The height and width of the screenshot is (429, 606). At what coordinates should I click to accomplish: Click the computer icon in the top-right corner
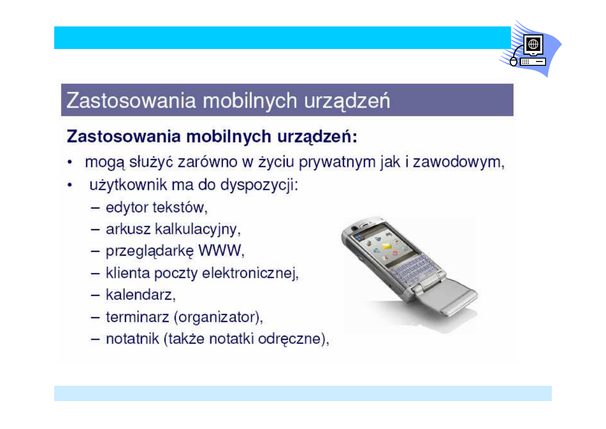coord(530,49)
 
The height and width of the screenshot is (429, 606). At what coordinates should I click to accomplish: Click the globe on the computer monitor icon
coord(533,44)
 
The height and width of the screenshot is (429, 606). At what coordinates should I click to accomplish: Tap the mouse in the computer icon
coord(513,62)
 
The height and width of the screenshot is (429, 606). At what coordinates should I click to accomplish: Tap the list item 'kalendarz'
coord(140,294)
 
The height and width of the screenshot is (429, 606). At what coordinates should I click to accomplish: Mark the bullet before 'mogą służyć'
coord(71,163)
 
